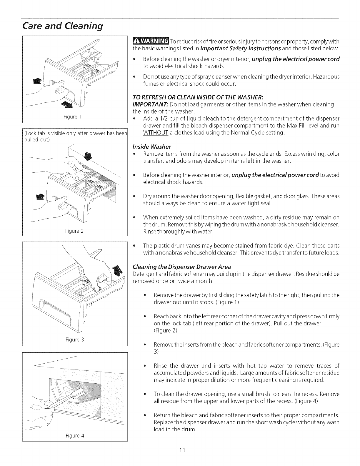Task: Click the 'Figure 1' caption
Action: point(75,116)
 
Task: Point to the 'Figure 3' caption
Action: point(75,340)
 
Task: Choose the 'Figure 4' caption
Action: point(75,435)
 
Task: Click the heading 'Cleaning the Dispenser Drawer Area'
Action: point(182,267)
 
